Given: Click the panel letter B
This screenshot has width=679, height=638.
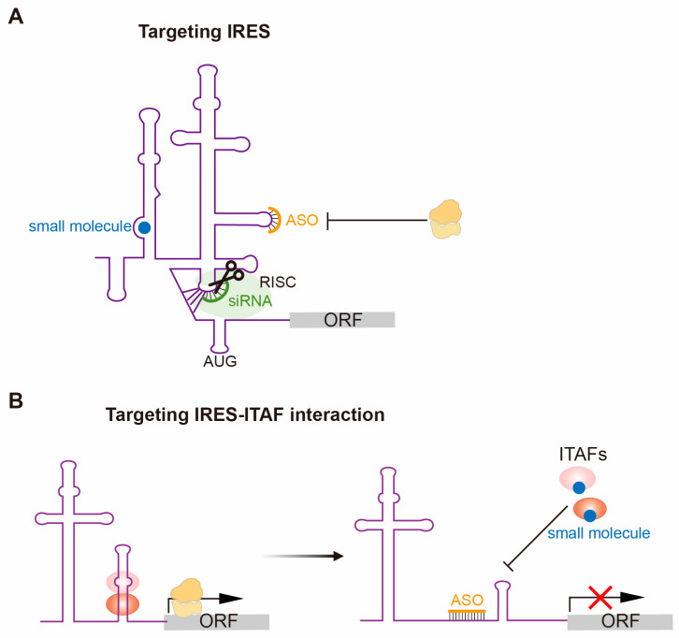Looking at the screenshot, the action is click(x=16, y=400).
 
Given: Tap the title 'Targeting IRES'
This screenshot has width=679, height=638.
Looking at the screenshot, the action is click(x=205, y=32).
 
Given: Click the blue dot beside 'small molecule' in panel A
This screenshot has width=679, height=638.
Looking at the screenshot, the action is click(x=144, y=227).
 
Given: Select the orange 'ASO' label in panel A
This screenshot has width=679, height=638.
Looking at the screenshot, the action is click(x=302, y=220).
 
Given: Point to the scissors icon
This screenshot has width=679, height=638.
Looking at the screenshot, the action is click(x=226, y=275).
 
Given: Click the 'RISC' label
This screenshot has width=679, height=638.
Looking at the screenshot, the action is click(x=278, y=282).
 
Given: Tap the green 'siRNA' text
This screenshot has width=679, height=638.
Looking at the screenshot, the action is click(x=251, y=300).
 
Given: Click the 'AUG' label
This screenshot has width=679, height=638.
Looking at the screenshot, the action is click(x=220, y=361).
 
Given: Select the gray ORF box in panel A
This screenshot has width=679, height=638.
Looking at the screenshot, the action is click(x=342, y=320).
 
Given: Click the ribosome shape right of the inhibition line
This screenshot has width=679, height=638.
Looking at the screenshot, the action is click(x=445, y=219).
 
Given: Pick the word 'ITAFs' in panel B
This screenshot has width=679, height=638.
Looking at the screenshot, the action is click(x=583, y=455).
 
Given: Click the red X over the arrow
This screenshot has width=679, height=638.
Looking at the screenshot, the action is click(x=600, y=597).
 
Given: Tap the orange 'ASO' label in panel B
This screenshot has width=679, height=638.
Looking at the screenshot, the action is click(x=467, y=601).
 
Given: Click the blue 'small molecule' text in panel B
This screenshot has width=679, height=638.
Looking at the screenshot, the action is click(x=599, y=533).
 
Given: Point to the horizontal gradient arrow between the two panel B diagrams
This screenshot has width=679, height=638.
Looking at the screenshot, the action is click(x=303, y=556).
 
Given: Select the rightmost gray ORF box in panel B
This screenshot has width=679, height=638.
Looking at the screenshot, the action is click(x=620, y=621).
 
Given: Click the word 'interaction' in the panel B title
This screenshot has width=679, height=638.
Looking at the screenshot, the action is click(x=338, y=415).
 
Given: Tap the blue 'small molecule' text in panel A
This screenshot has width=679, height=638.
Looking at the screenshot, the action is click(x=80, y=226).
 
